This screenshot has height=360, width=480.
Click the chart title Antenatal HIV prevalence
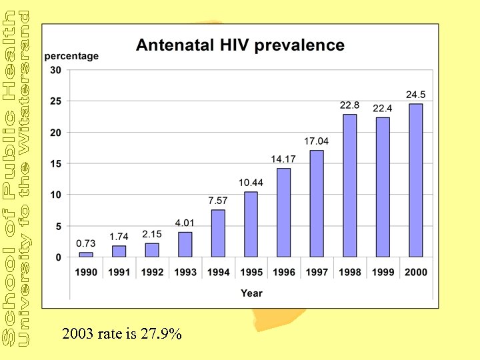click(240, 45)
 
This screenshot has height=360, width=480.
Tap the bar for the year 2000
click(415, 180)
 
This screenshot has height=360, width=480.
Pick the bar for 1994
click(218, 233)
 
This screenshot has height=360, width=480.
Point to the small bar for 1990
click(86, 255)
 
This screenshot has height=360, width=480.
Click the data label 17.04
click(317, 141)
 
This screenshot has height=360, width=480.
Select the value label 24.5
click(416, 94)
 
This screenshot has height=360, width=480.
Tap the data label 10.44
click(251, 183)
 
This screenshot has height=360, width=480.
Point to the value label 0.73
click(86, 243)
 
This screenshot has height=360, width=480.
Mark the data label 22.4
click(383, 107)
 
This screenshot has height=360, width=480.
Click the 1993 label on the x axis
click(185, 272)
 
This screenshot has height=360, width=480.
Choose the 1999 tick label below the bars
click(383, 272)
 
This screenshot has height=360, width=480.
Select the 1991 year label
click(119, 272)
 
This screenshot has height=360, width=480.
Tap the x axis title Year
click(251, 293)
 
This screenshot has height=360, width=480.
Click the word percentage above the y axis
click(71, 56)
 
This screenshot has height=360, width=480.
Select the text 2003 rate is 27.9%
click(121, 335)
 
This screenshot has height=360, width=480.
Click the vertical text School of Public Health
click(9, 180)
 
